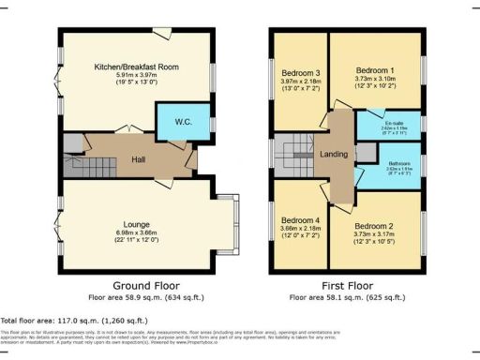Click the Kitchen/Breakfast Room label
(136, 67)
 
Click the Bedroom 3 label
(299, 73)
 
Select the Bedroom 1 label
(375, 68)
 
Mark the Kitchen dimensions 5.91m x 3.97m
(136, 78)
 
